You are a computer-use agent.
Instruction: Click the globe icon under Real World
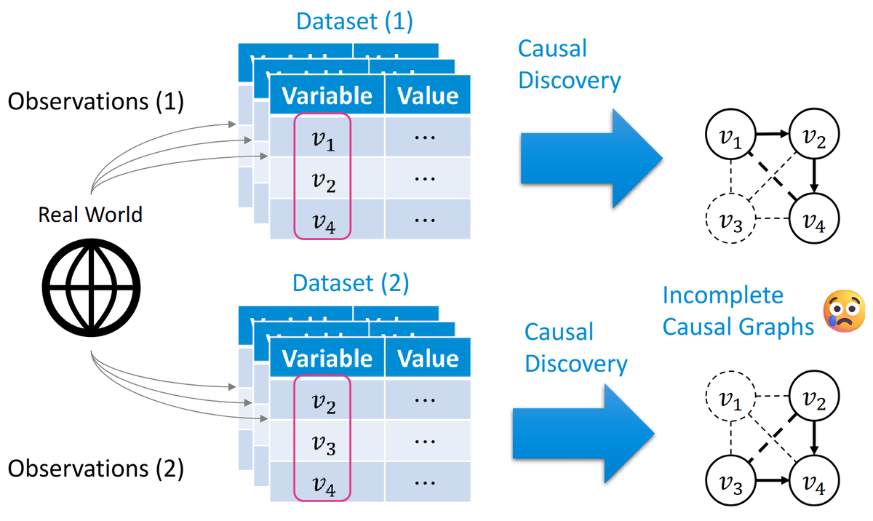pyautogui.click(x=91, y=287)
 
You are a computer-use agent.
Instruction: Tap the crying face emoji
pyautogui.click(x=844, y=311)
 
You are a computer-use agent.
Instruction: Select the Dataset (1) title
pyautogui.click(x=354, y=21)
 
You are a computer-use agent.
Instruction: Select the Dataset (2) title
pyautogui.click(x=351, y=283)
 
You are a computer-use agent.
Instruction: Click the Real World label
pyautogui.click(x=90, y=215)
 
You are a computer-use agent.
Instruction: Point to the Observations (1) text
pyautogui.click(x=95, y=102)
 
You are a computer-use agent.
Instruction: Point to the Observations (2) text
pyautogui.click(x=95, y=469)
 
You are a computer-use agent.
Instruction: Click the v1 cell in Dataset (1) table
pyautogui.click(x=323, y=138)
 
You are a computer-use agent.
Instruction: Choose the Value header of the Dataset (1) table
pyautogui.click(x=428, y=95)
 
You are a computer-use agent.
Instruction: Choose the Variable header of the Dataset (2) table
pyautogui.click(x=327, y=358)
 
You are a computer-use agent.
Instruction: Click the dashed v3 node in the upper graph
pyautogui.click(x=730, y=218)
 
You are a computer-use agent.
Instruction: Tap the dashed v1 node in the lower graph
pyautogui.click(x=730, y=396)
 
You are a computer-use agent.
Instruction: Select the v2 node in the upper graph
pyautogui.click(x=814, y=134)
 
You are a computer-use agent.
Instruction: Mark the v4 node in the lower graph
pyautogui.click(x=814, y=480)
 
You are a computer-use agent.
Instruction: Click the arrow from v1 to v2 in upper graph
pyautogui.click(x=773, y=134)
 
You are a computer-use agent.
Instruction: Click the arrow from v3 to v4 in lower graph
pyautogui.click(x=773, y=480)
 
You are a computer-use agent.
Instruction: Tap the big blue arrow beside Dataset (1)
pyautogui.click(x=591, y=158)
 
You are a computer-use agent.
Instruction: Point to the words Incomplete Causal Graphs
pyautogui.click(x=738, y=311)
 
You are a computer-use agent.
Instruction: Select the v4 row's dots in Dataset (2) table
pyautogui.click(x=425, y=483)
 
